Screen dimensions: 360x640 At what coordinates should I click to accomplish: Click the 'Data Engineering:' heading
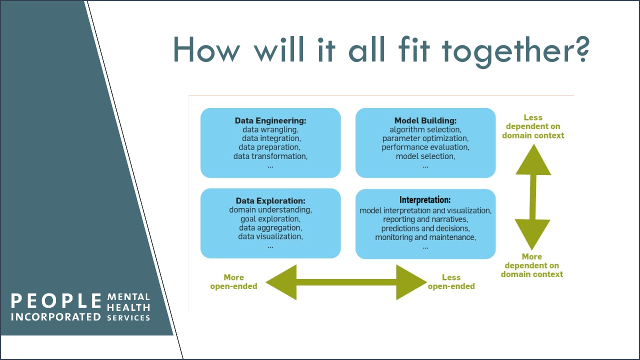270,120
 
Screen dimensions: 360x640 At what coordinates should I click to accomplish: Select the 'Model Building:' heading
425,120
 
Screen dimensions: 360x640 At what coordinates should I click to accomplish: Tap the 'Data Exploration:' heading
270,201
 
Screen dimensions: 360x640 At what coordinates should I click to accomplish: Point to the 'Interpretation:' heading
425,200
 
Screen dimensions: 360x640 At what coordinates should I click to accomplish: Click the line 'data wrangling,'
270,129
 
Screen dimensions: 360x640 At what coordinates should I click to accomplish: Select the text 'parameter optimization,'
425,138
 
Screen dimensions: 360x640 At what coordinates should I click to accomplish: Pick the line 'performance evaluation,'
425,147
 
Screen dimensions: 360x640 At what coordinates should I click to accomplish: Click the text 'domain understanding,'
270,210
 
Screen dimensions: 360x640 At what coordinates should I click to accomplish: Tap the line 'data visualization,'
270,236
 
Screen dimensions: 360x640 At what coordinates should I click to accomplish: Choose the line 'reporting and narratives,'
425,219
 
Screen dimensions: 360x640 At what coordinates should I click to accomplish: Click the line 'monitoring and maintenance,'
425,237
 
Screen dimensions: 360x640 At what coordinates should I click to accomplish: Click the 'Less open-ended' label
451,281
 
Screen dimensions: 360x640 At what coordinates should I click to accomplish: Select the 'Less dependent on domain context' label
533,126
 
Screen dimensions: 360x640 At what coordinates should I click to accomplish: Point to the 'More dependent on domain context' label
532,265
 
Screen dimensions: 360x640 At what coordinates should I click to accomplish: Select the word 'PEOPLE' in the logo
56,301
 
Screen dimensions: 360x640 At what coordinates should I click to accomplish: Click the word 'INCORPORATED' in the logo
56,317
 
